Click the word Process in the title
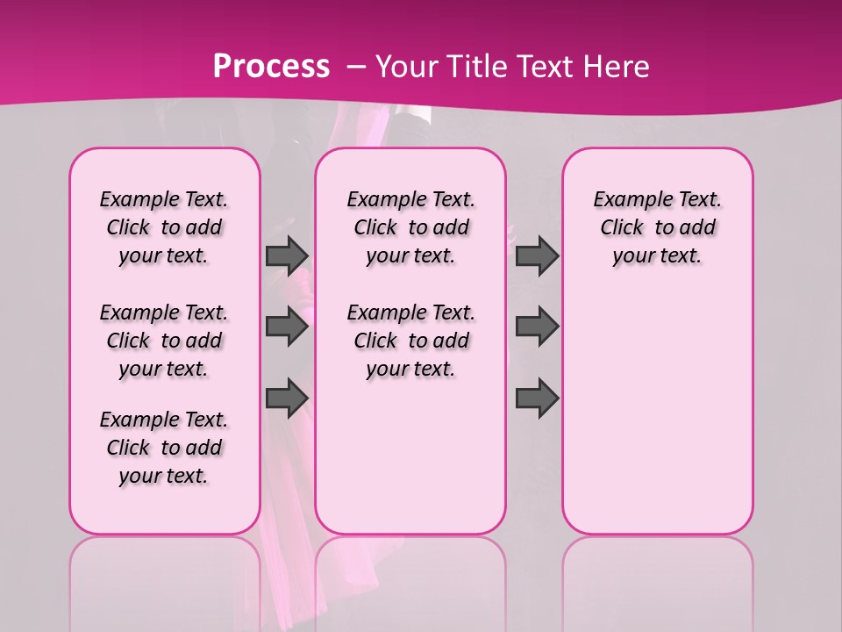271,67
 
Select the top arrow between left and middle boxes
287,255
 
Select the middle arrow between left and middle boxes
287,327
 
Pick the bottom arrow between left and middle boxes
287,397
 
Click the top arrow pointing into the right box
537,255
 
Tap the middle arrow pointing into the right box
537,327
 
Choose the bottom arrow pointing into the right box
537,397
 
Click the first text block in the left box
164,227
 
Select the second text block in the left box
164,341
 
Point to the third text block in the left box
164,448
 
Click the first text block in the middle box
410,227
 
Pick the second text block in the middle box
410,341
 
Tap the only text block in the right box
657,227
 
